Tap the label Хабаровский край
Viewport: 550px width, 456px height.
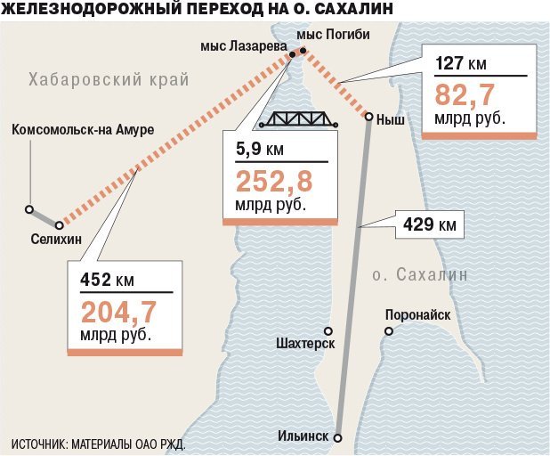pos(109,79)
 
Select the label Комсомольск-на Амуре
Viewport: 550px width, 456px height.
pos(83,130)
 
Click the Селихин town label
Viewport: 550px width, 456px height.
pos(55,239)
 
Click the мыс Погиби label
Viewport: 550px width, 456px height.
pos(333,34)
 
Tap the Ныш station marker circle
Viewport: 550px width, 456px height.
pos(368,117)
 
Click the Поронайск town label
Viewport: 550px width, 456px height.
pos(417,314)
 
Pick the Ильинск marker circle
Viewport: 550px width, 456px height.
pos(337,437)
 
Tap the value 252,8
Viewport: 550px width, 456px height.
pos(275,182)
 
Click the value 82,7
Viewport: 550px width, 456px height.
pos(465,94)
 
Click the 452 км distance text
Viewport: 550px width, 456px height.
pos(107,280)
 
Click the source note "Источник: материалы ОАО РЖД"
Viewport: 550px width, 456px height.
pos(98,444)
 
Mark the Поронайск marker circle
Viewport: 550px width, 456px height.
pos(389,332)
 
